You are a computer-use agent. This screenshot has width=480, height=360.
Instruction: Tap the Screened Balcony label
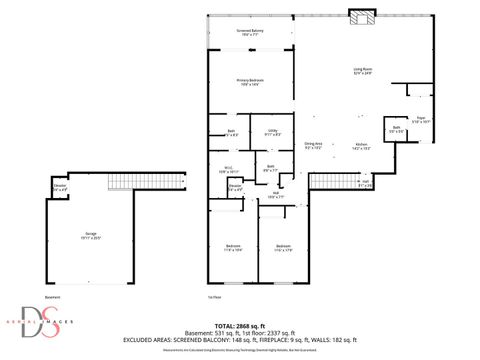click(x=250, y=33)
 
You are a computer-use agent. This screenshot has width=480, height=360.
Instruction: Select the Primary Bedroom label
click(x=248, y=82)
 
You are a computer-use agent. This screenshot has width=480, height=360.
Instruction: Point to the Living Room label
click(x=362, y=70)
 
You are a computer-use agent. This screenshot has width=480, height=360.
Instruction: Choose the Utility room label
click(x=272, y=132)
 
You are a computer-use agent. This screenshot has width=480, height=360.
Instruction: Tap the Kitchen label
click(x=360, y=146)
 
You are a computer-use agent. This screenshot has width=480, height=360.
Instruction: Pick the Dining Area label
click(x=313, y=146)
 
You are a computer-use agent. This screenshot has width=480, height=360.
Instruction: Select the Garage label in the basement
click(x=91, y=235)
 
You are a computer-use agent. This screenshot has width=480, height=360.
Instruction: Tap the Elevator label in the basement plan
click(x=60, y=187)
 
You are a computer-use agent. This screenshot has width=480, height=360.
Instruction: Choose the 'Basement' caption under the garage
click(x=52, y=297)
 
